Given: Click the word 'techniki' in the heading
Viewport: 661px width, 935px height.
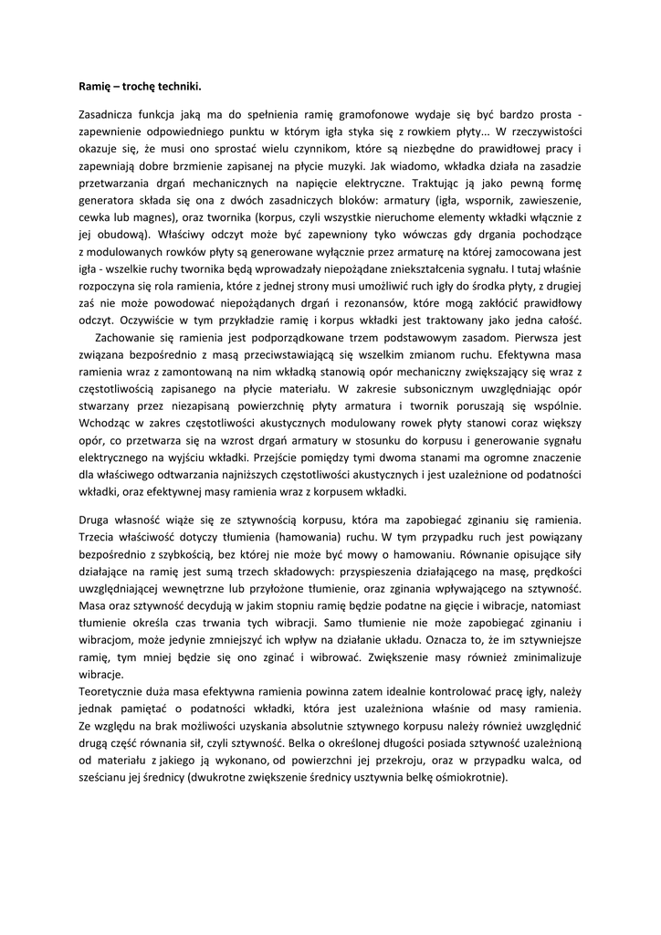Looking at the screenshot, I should [172, 87].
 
